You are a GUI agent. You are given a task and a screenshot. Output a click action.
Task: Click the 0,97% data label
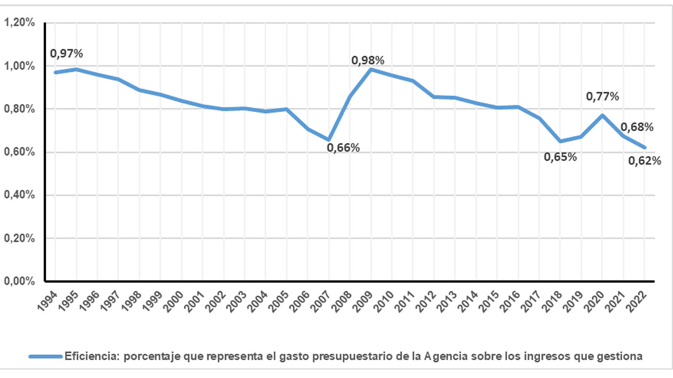[67, 54]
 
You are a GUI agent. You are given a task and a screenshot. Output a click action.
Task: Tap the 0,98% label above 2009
[368, 60]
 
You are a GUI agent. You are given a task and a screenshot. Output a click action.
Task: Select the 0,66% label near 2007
[343, 148]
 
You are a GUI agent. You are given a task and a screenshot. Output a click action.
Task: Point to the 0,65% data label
[560, 157]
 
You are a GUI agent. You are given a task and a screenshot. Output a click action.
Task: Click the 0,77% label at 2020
[602, 96]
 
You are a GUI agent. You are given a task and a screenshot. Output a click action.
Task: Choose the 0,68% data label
[637, 127]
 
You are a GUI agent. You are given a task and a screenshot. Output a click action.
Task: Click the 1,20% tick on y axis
[20, 23]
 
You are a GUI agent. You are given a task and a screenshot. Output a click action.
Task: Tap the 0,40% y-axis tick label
[20, 195]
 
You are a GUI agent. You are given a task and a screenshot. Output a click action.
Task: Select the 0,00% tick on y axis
[20, 281]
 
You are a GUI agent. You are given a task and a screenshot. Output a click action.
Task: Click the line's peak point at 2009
[371, 69]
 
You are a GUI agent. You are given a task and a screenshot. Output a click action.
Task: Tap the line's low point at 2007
[329, 139]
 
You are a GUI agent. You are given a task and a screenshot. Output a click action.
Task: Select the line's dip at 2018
[560, 141]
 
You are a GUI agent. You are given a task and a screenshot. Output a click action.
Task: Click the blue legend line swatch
[46, 356]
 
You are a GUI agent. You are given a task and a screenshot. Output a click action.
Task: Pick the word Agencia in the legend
[444, 356]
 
